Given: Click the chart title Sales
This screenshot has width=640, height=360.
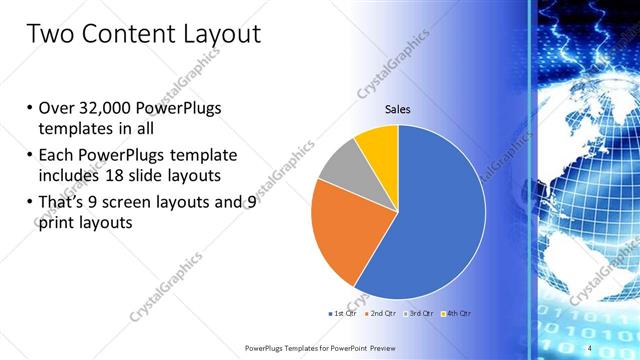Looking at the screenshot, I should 398,110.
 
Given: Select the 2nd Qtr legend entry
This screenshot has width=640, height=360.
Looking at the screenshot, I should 379,313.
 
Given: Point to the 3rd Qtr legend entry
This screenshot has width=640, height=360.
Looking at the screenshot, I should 417,313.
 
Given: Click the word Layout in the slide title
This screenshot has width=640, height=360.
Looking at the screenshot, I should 215,35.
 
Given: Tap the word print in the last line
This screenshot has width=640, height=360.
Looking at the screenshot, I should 58,224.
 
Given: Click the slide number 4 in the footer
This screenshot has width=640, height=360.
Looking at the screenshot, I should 590,347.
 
